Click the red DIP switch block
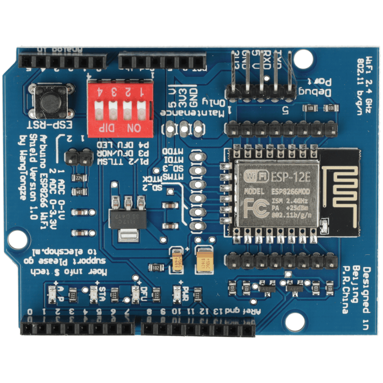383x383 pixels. point(120,108)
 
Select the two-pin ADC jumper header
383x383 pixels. point(78,156)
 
